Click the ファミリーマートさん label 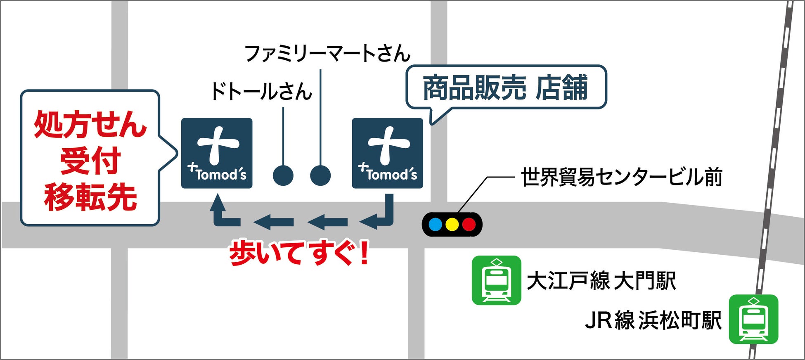point(327,54)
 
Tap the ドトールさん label point(261,91)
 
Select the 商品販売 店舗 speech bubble point(506,88)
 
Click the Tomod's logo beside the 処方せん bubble point(217,153)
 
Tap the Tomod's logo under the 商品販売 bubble point(387,153)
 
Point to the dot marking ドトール point(283,175)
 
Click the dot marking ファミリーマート point(320,175)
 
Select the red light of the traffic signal point(469,225)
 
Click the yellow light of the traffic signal point(452,225)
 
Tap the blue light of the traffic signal point(436,225)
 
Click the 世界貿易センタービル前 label point(621,177)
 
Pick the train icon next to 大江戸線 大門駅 point(496,280)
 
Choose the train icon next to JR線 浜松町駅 point(753,319)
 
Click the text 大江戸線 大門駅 point(601,281)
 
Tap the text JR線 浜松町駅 point(653,320)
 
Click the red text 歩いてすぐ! point(298,253)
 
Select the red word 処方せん point(90,124)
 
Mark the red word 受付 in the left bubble point(90,161)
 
